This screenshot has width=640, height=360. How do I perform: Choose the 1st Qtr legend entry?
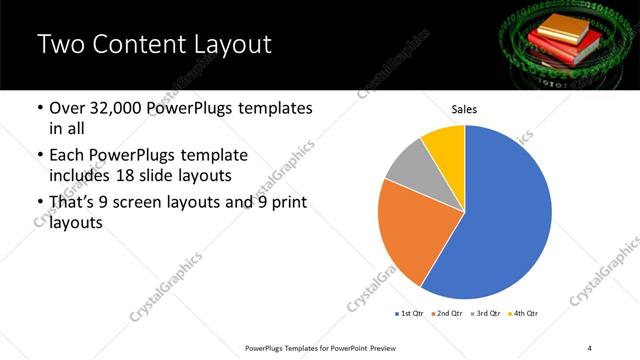click(x=411, y=314)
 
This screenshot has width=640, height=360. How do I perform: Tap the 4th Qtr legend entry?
click(x=524, y=314)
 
